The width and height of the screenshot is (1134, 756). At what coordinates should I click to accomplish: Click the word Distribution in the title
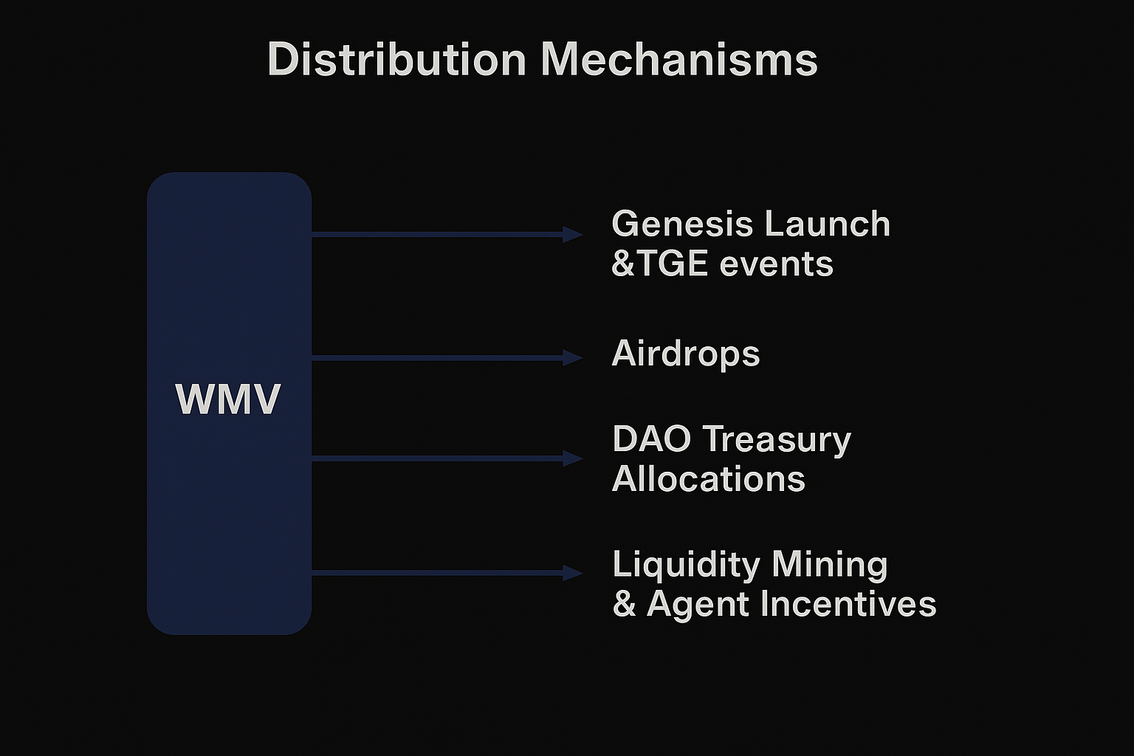pyautogui.click(x=396, y=59)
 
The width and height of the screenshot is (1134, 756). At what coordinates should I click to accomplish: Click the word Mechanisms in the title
pyautogui.click(x=679, y=59)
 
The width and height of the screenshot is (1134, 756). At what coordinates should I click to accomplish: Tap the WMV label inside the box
pyautogui.click(x=228, y=400)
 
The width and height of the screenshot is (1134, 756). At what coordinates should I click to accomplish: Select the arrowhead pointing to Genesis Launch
pyautogui.click(x=573, y=235)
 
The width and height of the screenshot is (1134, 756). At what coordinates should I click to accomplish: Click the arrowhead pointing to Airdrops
pyautogui.click(x=573, y=358)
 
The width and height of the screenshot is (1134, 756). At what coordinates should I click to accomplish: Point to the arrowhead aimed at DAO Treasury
pyautogui.click(x=573, y=458)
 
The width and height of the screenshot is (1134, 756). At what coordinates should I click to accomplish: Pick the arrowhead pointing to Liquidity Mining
pyautogui.click(x=573, y=572)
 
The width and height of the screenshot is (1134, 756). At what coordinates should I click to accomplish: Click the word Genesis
pyautogui.click(x=671, y=224)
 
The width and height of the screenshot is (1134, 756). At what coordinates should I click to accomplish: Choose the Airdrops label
pyautogui.click(x=686, y=354)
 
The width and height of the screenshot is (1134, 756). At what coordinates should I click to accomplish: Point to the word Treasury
pyautogui.click(x=777, y=440)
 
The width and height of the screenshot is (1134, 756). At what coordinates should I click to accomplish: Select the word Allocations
pyautogui.click(x=709, y=479)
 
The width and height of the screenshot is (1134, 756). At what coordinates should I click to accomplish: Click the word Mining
pyautogui.click(x=829, y=565)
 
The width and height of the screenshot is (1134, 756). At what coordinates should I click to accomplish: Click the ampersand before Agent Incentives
pyautogui.click(x=624, y=605)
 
